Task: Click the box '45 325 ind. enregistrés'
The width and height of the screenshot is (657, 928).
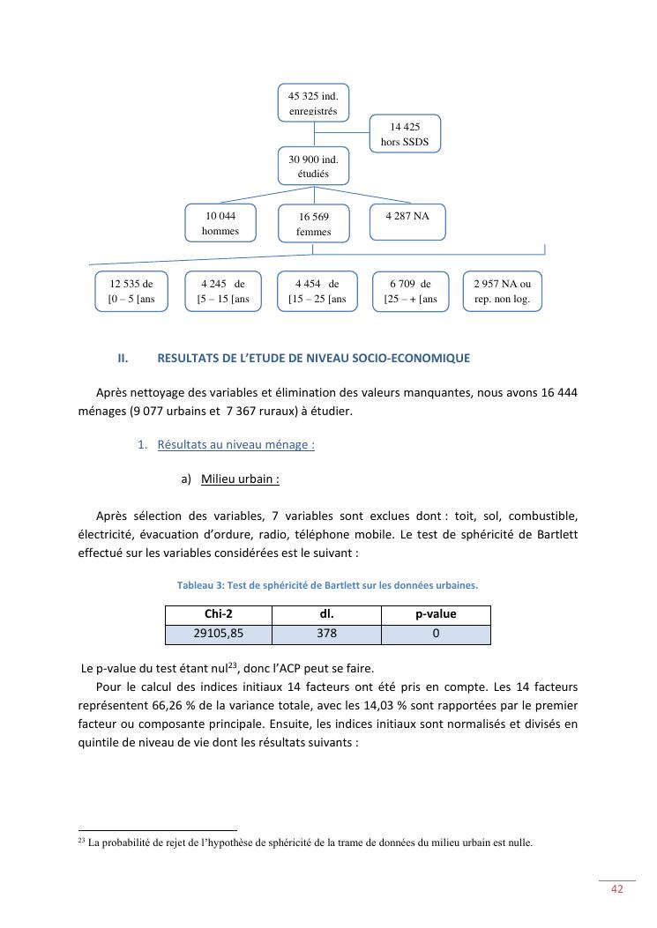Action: [x=313, y=103]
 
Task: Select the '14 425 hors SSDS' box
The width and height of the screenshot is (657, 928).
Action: [x=405, y=134]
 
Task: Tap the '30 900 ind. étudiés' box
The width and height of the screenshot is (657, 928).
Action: [x=313, y=167]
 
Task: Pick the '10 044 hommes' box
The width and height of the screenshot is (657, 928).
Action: [x=220, y=223]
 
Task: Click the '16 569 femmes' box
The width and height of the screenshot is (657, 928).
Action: [x=314, y=224]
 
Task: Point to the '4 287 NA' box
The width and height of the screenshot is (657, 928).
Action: [x=407, y=222]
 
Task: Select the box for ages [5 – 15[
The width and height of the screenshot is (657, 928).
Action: [x=223, y=292]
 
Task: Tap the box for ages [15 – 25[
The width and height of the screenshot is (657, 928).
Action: [x=317, y=292]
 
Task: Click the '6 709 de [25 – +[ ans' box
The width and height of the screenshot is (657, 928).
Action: [x=410, y=292]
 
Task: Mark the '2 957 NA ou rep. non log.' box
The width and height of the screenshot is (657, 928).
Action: [x=503, y=292]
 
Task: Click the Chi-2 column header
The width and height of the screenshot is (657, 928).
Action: [x=218, y=614]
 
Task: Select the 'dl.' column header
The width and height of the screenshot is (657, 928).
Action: [x=326, y=614]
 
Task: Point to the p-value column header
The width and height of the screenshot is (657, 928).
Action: [x=436, y=614]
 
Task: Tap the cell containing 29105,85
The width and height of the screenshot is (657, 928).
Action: [x=218, y=634]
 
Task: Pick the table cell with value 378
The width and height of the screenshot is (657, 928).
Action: [x=326, y=634]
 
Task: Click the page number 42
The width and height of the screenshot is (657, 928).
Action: [x=617, y=889]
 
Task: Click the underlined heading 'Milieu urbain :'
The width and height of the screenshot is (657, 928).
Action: [x=240, y=479]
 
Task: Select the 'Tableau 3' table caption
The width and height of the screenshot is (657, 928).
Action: [x=327, y=585]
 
